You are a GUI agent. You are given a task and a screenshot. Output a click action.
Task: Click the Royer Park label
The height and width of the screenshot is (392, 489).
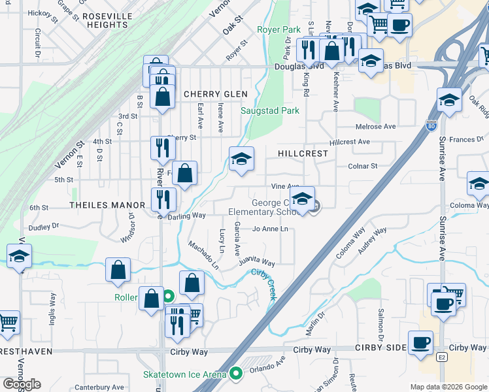point(278,29)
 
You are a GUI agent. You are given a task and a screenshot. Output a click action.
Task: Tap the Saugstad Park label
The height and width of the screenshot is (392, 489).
point(270,110)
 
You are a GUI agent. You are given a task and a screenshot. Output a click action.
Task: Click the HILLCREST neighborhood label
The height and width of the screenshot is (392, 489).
point(303,153)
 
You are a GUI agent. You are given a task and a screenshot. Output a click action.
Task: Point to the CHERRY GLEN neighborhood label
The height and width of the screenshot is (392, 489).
point(215,94)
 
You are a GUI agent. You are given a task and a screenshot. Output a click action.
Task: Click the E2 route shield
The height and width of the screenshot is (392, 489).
point(442,358)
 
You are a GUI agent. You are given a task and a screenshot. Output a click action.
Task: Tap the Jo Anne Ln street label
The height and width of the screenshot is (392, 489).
point(270,229)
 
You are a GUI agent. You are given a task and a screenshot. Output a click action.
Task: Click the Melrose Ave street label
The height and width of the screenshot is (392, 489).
point(375,126)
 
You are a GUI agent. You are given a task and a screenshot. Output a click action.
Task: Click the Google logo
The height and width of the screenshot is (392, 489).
point(22,384)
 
